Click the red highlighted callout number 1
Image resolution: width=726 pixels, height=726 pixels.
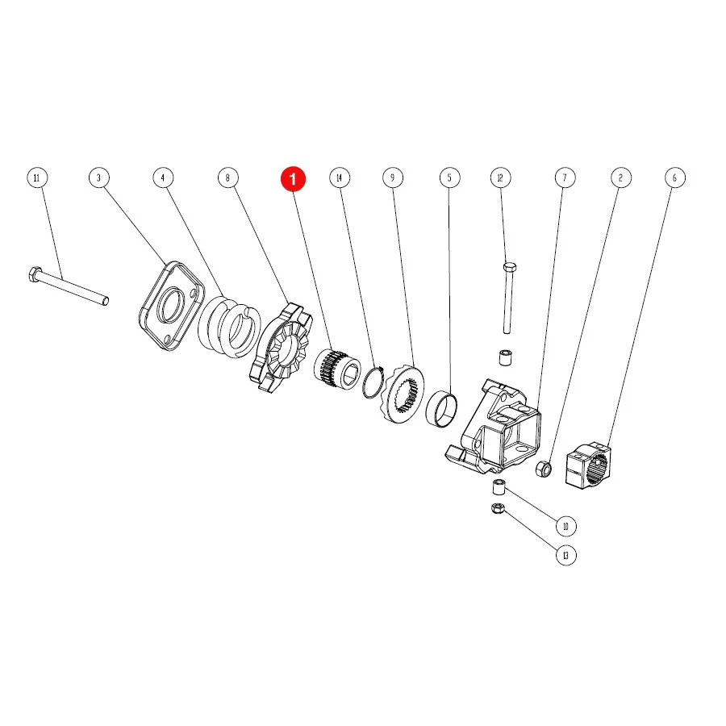293,178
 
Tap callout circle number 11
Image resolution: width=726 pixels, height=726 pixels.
37,177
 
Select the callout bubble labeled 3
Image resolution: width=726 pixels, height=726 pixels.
98,177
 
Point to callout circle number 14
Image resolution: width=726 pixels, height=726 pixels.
340,177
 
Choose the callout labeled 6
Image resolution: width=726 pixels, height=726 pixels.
674,177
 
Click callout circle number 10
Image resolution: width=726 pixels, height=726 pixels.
565,526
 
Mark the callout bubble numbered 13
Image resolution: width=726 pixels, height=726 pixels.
565,555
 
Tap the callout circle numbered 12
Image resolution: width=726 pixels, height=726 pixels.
500,177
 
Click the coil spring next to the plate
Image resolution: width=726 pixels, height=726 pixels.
229,328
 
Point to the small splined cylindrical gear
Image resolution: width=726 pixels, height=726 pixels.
337,369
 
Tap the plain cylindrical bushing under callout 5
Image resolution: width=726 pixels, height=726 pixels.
441,409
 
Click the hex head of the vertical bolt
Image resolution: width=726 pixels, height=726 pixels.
509,267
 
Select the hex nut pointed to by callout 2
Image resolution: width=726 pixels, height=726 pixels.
544,469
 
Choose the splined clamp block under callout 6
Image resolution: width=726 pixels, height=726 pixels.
588,465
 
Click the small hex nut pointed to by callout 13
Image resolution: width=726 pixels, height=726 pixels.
497,508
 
